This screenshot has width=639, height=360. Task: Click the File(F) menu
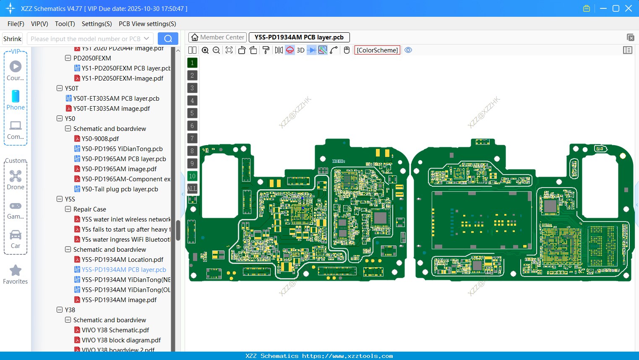pyautogui.click(x=16, y=24)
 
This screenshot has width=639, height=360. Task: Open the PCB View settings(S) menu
pyautogui.click(x=147, y=24)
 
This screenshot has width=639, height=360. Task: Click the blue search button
pyautogui.click(x=168, y=39)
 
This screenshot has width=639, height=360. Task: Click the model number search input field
pyautogui.click(x=86, y=39)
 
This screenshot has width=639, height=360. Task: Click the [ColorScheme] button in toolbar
pyautogui.click(x=377, y=50)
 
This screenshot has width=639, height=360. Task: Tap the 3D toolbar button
pyautogui.click(x=300, y=50)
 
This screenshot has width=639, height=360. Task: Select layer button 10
pyautogui.click(x=192, y=176)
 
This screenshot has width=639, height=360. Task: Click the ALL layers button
pyautogui.click(x=192, y=189)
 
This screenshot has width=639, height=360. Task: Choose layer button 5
pyautogui.click(x=192, y=113)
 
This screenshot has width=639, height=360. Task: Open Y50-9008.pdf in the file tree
pyautogui.click(x=100, y=139)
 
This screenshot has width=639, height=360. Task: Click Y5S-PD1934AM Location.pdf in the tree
pyautogui.click(x=122, y=260)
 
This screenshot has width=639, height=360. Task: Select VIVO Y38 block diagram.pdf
pyautogui.click(x=121, y=340)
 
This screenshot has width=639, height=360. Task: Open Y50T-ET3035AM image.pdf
pyautogui.click(x=111, y=109)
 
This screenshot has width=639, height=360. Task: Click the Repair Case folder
pyautogui.click(x=89, y=209)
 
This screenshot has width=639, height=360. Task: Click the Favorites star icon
pyautogui.click(x=16, y=271)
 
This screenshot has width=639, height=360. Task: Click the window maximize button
pyautogui.click(x=616, y=8)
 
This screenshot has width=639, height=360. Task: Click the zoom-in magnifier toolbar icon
pyautogui.click(x=205, y=50)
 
